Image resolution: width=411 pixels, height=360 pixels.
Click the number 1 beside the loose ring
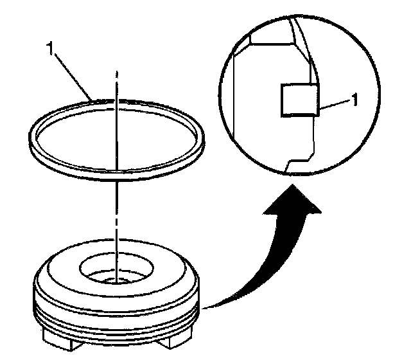50,49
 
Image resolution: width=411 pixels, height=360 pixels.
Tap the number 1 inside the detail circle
354,100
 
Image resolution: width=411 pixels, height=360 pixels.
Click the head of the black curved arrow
292,199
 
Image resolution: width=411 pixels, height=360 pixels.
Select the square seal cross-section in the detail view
300,100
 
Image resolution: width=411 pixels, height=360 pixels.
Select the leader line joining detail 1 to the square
335,104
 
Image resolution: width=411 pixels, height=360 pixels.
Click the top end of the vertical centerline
117,71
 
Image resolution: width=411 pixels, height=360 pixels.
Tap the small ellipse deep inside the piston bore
116,282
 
